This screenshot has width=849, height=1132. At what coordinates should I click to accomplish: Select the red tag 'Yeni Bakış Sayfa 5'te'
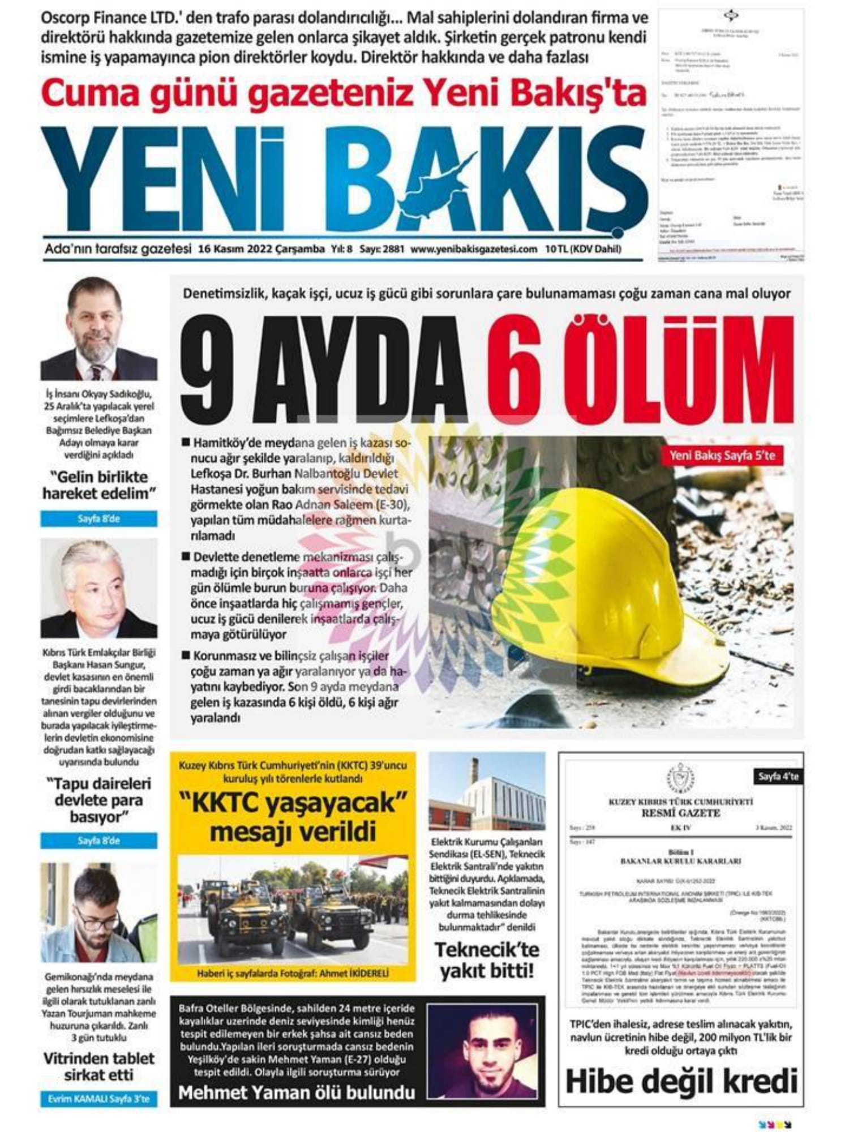tap(722, 455)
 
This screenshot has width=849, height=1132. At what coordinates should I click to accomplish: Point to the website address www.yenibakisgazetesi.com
tap(474, 249)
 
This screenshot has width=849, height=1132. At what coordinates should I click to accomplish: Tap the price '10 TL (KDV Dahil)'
tap(583, 249)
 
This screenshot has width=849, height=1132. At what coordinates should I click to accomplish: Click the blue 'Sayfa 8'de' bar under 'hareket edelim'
tap(98, 518)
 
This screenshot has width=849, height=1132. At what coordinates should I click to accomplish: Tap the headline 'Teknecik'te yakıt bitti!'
tap(487, 960)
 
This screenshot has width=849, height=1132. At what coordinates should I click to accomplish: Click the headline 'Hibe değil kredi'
tap(681, 1081)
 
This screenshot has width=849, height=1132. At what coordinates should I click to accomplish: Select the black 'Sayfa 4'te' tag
tap(778, 777)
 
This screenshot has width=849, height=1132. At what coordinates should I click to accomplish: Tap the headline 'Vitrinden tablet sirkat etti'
tap(98, 1067)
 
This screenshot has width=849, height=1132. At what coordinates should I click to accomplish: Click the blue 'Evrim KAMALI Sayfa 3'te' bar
tap(98, 1099)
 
